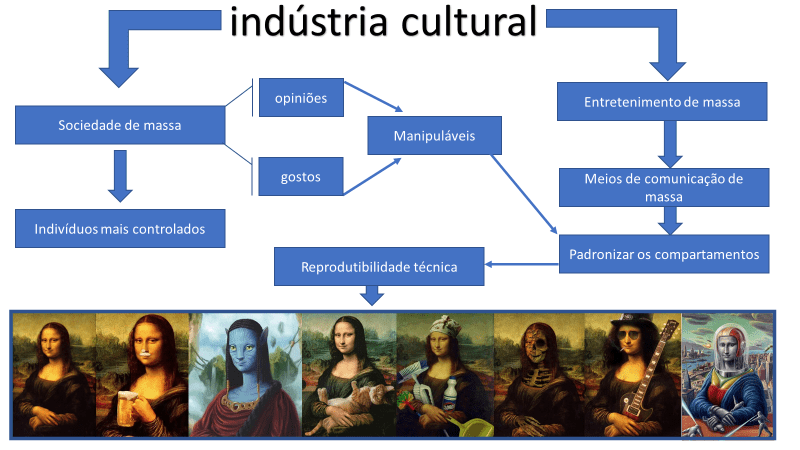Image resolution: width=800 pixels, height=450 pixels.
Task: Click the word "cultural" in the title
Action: [469, 22]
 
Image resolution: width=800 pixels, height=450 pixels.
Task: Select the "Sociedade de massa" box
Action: [120, 125]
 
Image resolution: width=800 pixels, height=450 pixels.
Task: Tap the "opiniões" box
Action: [301, 97]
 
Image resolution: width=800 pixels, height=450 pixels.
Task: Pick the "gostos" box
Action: [301, 177]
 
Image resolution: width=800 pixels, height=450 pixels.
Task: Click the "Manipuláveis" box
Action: [434, 136]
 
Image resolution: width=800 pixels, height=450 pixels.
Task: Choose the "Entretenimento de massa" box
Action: [662, 102]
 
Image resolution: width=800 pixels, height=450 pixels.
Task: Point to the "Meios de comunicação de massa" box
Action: [664, 187]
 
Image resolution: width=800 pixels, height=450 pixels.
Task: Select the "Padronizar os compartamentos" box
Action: [664, 254]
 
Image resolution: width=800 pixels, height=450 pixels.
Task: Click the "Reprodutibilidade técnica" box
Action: [379, 266]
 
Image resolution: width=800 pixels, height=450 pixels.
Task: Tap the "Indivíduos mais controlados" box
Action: [120, 229]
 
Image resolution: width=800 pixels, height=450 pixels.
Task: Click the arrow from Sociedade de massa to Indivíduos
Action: [120, 176]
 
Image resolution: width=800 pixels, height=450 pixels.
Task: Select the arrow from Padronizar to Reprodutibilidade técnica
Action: [521, 264]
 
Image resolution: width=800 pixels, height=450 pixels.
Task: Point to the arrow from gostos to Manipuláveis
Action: [372, 176]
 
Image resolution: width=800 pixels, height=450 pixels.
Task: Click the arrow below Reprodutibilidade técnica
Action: [372, 295]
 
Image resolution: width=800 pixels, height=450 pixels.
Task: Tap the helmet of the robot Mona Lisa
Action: [728, 347]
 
